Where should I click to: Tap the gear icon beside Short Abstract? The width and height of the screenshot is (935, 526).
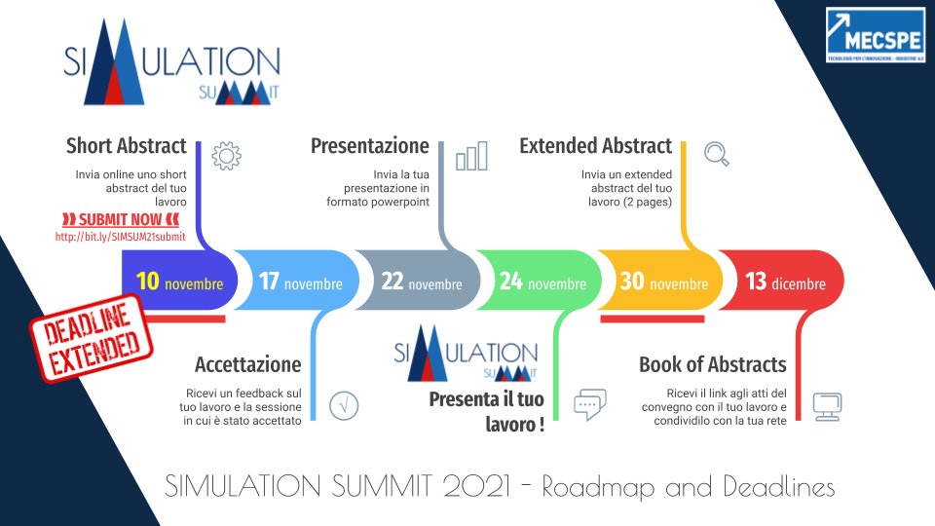click(226, 155)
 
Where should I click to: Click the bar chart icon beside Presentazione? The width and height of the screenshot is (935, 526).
click(471, 156)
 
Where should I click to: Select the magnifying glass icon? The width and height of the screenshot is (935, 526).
click(716, 153)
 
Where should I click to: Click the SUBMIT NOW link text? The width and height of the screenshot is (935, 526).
click(120, 218)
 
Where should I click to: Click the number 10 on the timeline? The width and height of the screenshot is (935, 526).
click(148, 282)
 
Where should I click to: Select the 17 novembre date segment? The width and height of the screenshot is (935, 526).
click(300, 282)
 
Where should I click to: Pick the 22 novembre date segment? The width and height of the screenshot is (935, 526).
click(421, 282)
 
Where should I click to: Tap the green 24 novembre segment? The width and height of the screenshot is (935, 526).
click(542, 282)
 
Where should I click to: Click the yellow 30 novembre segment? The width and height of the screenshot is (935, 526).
click(663, 282)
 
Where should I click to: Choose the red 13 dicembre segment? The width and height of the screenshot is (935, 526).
click(785, 282)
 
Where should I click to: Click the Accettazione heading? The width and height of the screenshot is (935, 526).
click(247, 365)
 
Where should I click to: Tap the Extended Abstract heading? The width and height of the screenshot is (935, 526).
click(595, 146)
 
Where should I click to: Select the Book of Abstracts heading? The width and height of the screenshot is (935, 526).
click(712, 365)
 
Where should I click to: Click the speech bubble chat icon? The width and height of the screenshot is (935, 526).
click(590, 404)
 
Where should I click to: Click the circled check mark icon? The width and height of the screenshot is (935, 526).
click(344, 405)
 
